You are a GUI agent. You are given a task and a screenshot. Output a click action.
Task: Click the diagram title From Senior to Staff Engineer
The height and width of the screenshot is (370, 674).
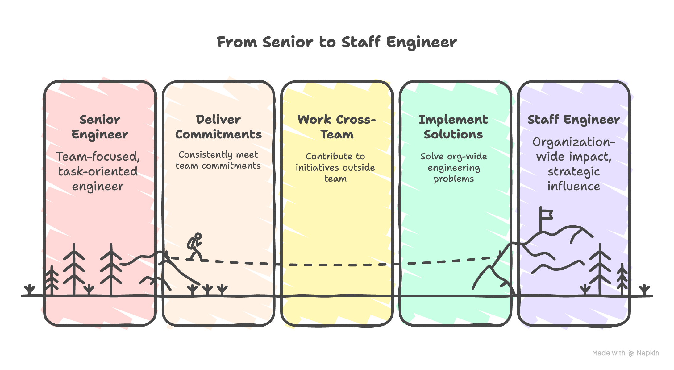(337, 42)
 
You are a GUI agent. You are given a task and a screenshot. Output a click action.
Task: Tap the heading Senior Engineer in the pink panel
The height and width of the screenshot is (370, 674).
(100, 127)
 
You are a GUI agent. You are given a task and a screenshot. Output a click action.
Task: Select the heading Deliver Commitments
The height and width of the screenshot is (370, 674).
(218, 127)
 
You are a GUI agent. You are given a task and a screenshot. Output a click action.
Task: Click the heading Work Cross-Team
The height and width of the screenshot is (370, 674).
(337, 127)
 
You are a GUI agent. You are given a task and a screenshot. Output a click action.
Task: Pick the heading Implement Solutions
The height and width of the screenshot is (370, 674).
(453, 127)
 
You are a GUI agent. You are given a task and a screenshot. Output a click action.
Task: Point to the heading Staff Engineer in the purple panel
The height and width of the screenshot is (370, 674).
(573, 120)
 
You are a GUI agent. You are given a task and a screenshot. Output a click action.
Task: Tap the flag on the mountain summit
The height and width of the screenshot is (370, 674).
(546, 215)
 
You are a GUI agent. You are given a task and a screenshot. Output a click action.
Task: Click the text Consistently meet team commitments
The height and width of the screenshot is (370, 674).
(218, 160)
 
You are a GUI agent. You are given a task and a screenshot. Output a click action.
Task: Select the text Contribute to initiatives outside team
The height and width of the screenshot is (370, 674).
(335, 167)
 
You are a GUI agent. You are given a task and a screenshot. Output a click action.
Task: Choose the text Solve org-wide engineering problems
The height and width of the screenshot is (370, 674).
(454, 167)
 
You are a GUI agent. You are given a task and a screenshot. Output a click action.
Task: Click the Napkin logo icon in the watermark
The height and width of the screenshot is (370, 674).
(631, 353)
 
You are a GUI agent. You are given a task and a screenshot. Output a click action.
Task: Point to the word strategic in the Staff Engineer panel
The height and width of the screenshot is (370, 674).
(573, 171)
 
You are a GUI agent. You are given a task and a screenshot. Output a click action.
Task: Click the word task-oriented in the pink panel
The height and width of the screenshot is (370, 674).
(98, 171)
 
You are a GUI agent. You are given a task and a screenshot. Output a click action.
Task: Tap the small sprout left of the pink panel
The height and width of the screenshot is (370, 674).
(30, 290)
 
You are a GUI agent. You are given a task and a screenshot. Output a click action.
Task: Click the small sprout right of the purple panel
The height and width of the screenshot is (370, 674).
(644, 290)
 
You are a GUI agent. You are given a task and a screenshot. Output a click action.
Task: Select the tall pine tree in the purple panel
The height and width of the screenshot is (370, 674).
(600, 268)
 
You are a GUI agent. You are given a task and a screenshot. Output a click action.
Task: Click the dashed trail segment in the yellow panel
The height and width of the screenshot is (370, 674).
(336, 265)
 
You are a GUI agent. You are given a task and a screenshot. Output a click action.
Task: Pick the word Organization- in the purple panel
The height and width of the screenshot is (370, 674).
(573, 142)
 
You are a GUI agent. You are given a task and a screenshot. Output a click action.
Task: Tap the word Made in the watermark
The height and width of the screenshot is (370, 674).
(600, 353)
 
